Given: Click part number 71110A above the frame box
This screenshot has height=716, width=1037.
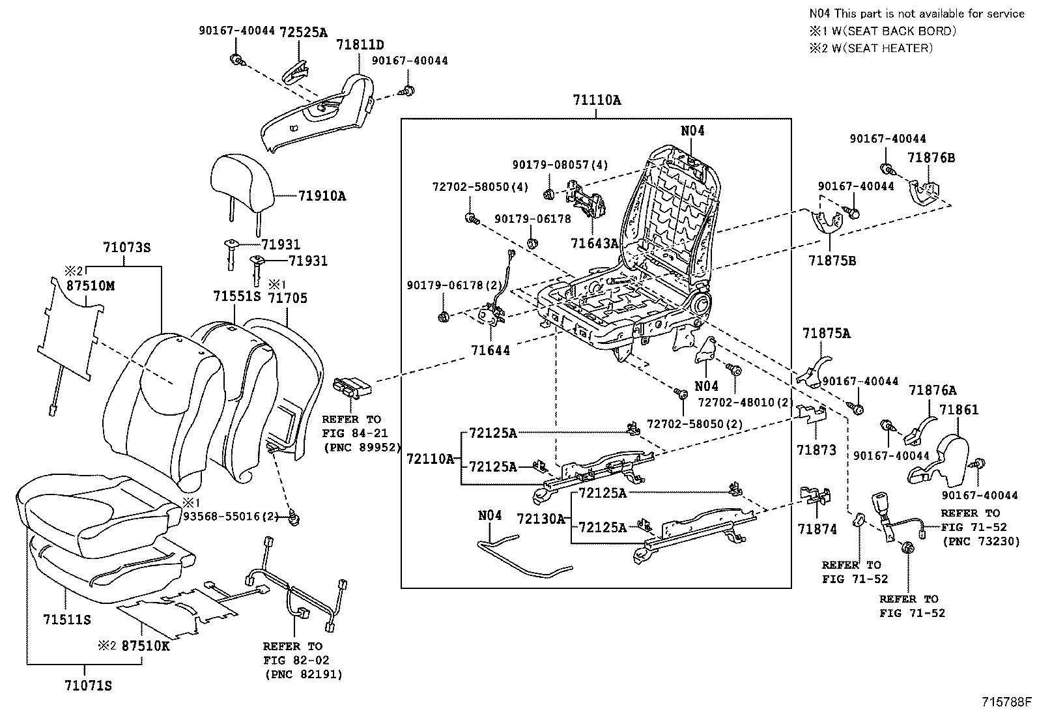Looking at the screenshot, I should [597, 100].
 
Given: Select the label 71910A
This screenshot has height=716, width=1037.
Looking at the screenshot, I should [322, 195].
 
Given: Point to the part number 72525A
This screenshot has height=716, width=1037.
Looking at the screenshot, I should [304, 31].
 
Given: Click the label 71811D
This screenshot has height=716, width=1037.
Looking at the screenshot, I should [360, 45].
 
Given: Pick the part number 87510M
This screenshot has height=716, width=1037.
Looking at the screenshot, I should [91, 285].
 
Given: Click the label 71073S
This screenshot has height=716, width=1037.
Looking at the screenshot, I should [126, 248].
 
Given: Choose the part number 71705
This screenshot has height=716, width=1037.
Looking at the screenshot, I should [288, 298].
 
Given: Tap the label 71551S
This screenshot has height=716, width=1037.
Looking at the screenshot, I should [236, 296].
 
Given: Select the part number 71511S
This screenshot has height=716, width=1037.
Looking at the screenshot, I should [68, 619].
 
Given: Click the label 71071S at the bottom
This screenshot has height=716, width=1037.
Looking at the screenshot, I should [89, 685].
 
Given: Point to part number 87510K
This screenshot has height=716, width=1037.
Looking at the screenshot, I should [146, 646].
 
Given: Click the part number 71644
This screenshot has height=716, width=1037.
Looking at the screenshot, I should [490, 350].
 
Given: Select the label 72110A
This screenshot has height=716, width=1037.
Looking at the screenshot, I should [430, 459].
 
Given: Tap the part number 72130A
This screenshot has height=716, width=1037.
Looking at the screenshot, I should [541, 519].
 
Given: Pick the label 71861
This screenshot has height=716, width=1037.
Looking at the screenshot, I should [959, 410].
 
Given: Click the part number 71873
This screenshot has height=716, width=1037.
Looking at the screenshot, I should [816, 450].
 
